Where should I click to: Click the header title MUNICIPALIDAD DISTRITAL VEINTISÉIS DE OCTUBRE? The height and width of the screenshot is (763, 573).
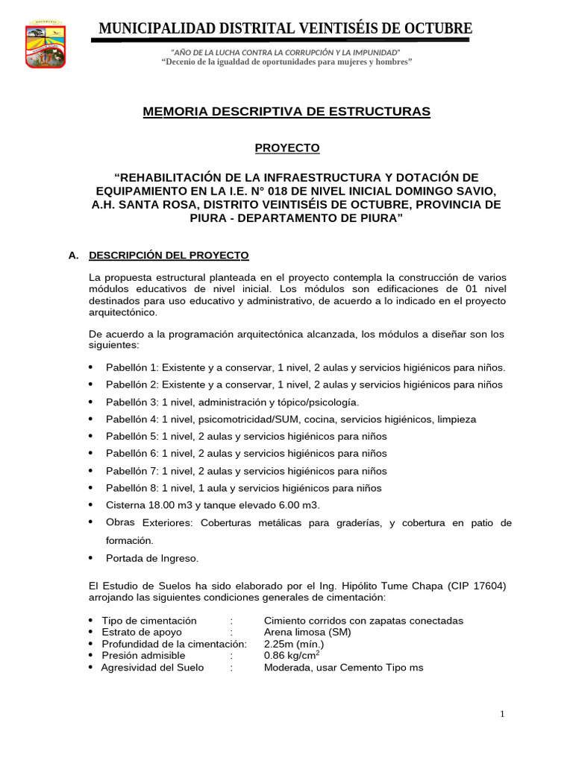tap(286, 29)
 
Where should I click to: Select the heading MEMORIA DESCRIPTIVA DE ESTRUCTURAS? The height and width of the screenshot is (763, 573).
tap(286, 112)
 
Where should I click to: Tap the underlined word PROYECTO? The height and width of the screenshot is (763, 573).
tap(286, 148)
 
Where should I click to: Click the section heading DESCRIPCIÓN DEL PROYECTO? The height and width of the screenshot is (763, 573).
tap(169, 256)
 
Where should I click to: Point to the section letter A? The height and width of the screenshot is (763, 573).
tap(73, 256)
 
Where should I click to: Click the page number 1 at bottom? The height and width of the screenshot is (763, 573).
tap(502, 715)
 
